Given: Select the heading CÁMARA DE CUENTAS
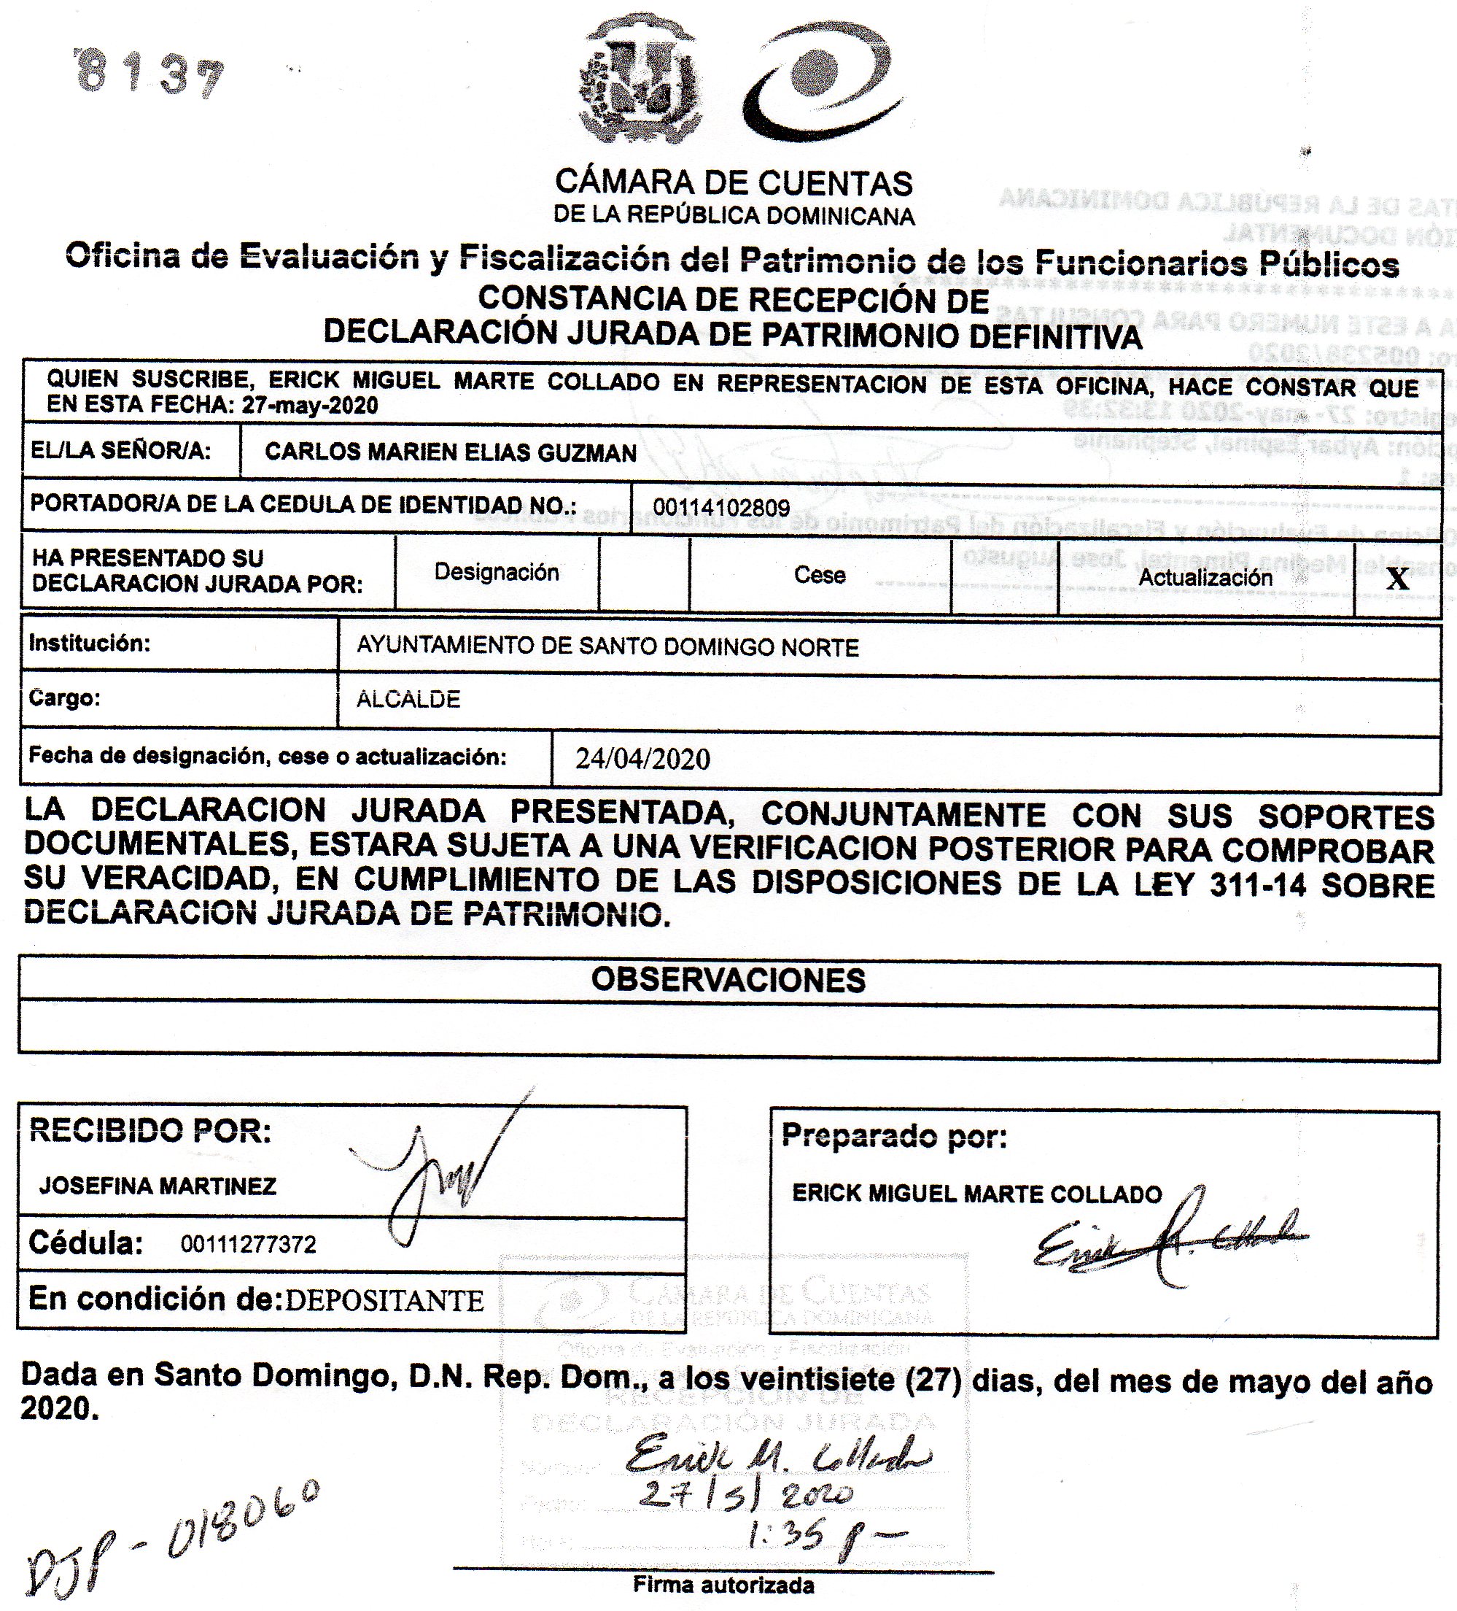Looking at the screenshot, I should point(734,183).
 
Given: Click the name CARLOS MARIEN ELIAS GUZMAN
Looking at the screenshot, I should point(451,453).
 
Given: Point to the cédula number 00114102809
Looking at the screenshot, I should point(721,507).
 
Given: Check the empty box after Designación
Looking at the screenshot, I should point(643,574).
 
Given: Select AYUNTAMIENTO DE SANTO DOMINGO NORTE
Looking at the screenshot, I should point(607,647).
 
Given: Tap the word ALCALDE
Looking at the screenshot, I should point(408,700).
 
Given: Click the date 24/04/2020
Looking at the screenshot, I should point(642,758).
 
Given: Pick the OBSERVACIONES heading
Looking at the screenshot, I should point(728,981).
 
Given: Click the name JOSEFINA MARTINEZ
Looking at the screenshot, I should point(158,1186).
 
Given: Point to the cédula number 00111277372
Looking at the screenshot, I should point(249,1244).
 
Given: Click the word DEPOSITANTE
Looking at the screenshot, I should point(384,1302).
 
